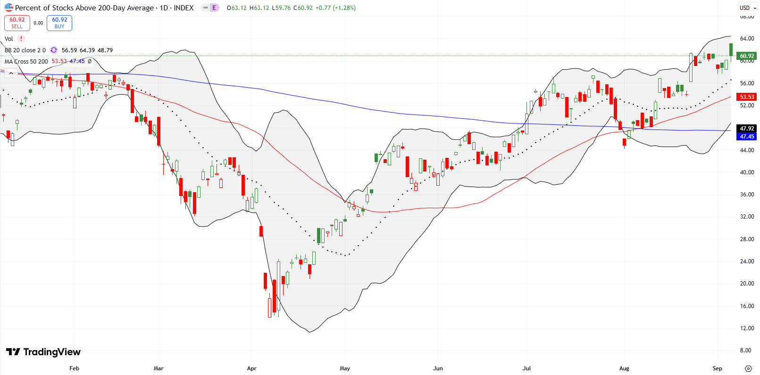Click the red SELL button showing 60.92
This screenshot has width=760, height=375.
pos(17,23)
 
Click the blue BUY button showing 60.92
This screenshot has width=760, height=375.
pos(59,23)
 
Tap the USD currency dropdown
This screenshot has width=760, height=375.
pos(745,8)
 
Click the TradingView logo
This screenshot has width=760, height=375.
pos(43,352)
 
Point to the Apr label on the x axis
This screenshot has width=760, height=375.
pos(251,368)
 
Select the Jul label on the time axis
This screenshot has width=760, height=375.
pos(526,368)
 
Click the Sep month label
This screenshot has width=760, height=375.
pos(717,368)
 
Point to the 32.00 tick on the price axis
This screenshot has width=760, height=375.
pos(747,217)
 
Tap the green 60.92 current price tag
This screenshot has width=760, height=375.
pos(747,56)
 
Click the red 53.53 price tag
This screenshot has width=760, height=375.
pos(747,97)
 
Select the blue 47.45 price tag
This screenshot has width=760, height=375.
pos(747,137)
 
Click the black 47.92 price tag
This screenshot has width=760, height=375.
pos(747,128)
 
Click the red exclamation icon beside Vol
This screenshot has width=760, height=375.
pos(21,39)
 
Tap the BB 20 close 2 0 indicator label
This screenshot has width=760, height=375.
pos(25,50)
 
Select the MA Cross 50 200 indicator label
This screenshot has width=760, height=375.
pos(26,62)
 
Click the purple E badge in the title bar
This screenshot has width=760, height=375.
pos(214,8)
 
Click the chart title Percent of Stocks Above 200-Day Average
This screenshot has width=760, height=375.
pos(84,8)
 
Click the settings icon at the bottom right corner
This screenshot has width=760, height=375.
pos(748,368)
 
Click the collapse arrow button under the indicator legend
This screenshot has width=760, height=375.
pos(11,73)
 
